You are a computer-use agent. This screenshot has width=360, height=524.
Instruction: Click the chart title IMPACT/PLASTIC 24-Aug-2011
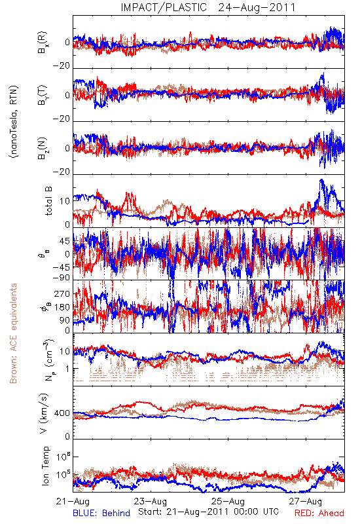[x=208, y=7]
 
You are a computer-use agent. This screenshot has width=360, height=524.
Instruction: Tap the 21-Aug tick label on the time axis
[x=73, y=501]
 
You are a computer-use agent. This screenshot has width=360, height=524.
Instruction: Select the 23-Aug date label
[x=151, y=501]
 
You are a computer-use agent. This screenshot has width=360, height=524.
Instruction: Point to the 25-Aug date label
[x=228, y=501]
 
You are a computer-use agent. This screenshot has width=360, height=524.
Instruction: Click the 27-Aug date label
[x=306, y=501]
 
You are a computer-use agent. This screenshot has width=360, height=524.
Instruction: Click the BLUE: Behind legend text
[x=101, y=513]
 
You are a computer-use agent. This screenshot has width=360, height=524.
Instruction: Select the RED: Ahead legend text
[x=319, y=513]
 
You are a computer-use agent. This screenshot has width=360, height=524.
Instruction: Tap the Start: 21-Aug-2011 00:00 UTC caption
[x=208, y=512]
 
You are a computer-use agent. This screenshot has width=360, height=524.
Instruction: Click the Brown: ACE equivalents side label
[x=13, y=333]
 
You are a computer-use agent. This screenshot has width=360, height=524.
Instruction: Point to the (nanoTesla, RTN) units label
[x=14, y=122]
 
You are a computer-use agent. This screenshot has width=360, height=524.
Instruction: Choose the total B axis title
[x=48, y=201]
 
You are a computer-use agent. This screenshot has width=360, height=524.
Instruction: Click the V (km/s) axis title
[x=44, y=413]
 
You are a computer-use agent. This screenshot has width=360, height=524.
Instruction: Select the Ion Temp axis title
[x=45, y=466]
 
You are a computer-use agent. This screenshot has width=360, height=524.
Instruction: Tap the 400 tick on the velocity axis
[x=62, y=413]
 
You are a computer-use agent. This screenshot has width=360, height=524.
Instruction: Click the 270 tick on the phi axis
[x=62, y=294]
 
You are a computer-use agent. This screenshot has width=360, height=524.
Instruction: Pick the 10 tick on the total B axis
[x=65, y=201]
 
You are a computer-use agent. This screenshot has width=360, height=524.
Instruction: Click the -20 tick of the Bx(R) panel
[x=61, y=66]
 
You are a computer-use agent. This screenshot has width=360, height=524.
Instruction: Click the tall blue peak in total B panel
[x=321, y=181]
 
